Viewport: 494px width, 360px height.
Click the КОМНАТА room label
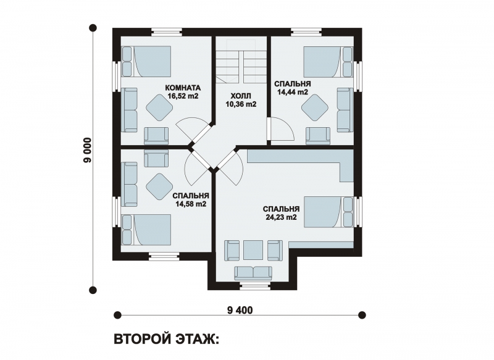point(183,88)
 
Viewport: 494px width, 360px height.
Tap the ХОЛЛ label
point(241,96)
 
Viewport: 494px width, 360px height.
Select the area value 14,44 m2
point(292,92)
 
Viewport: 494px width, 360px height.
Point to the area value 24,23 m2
point(281,217)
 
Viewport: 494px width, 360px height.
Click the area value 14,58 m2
point(191,204)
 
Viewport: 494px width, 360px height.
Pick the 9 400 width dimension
point(240,311)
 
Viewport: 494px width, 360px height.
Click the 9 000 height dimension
point(87,150)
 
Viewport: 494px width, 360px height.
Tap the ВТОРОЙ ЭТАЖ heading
point(165,340)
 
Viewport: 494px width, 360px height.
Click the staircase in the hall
point(241,65)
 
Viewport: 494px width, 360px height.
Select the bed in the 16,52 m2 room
point(146,61)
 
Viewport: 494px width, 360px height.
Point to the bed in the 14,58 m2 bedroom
point(146,230)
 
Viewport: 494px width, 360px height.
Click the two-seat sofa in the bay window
point(253,273)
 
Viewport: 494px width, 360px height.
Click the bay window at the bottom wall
point(253,286)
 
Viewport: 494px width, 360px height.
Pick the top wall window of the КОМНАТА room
point(166,32)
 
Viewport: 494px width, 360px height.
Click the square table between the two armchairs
point(253,250)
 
